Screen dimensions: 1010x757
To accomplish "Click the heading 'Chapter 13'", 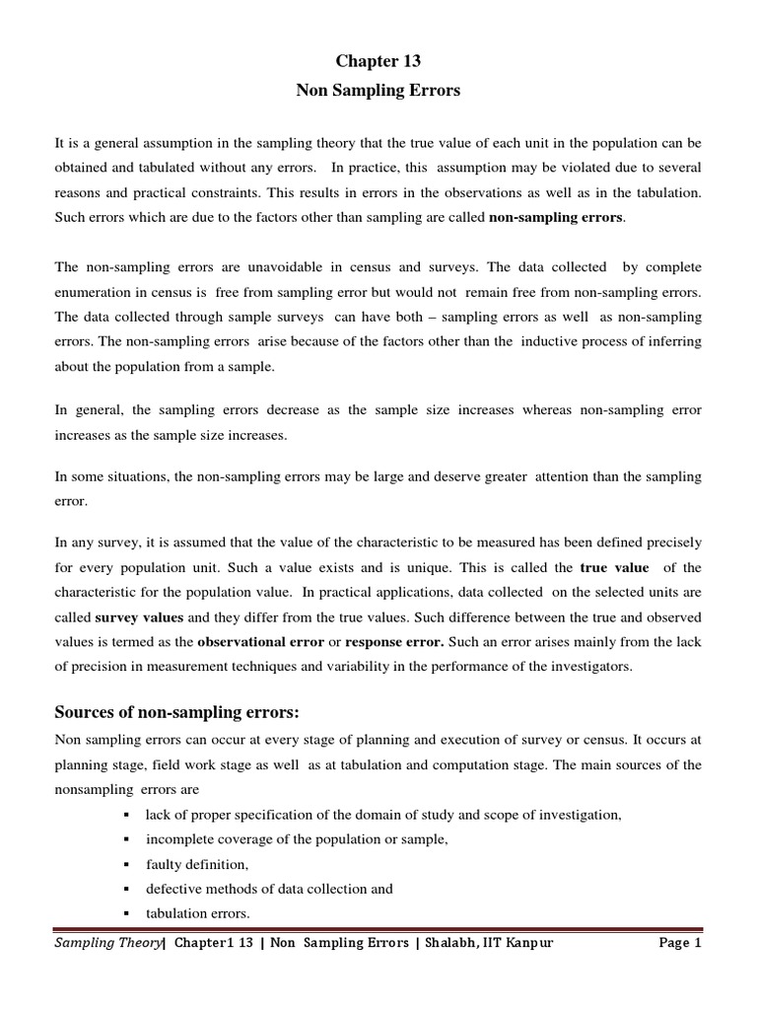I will [x=378, y=61].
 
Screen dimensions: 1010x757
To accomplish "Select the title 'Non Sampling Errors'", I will [x=378, y=91].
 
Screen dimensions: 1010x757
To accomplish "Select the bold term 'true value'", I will [x=614, y=568].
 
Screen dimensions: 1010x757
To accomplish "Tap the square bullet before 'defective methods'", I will [x=128, y=888].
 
